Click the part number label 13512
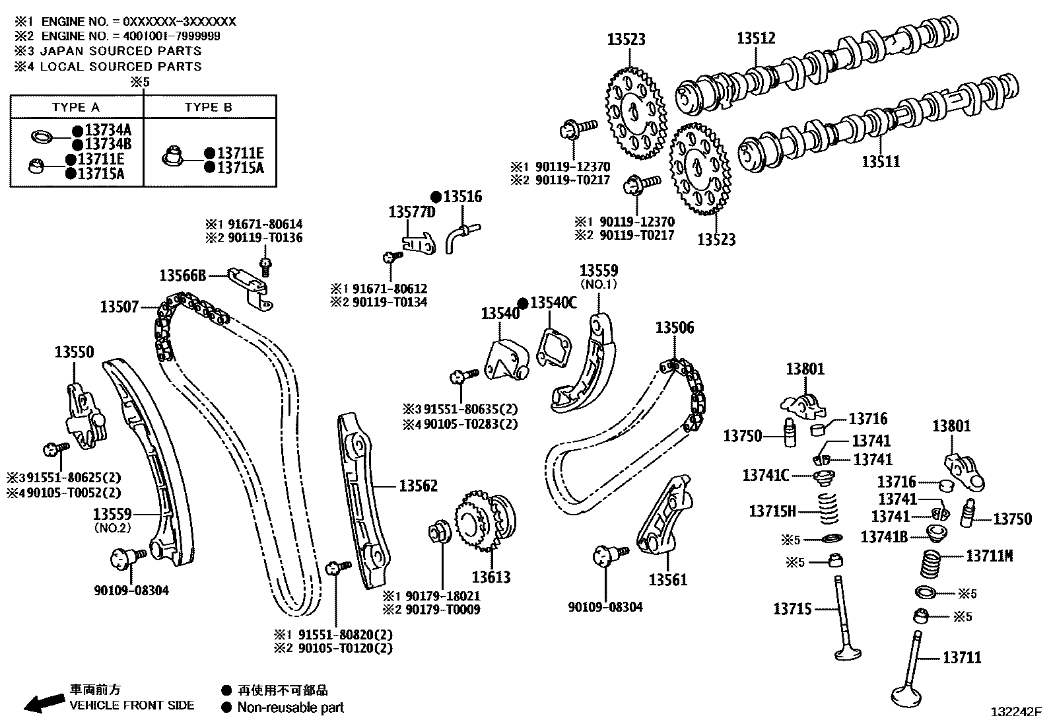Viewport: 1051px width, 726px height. coord(756,39)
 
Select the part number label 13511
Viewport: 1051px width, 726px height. coord(881,161)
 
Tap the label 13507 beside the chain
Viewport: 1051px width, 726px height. coord(119,307)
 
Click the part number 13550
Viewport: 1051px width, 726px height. coord(74,352)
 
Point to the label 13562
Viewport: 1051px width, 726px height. coord(418,486)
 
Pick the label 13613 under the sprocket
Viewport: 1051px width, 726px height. coord(491,577)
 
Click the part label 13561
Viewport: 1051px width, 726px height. coord(667,580)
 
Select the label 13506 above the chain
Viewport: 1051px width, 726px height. coord(674,328)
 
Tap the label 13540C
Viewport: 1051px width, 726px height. coord(553,303)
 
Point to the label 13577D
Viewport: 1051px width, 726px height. coord(412,212)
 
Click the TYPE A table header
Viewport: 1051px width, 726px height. coord(76,108)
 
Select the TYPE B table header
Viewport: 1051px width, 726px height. coord(209,108)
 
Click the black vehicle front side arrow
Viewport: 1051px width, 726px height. coord(41,703)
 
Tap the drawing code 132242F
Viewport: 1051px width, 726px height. coord(1015,712)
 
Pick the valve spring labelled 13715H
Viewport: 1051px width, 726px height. coord(832,509)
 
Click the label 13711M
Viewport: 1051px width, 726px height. coord(989,556)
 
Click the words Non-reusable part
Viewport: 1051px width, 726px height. coord(290,708)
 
